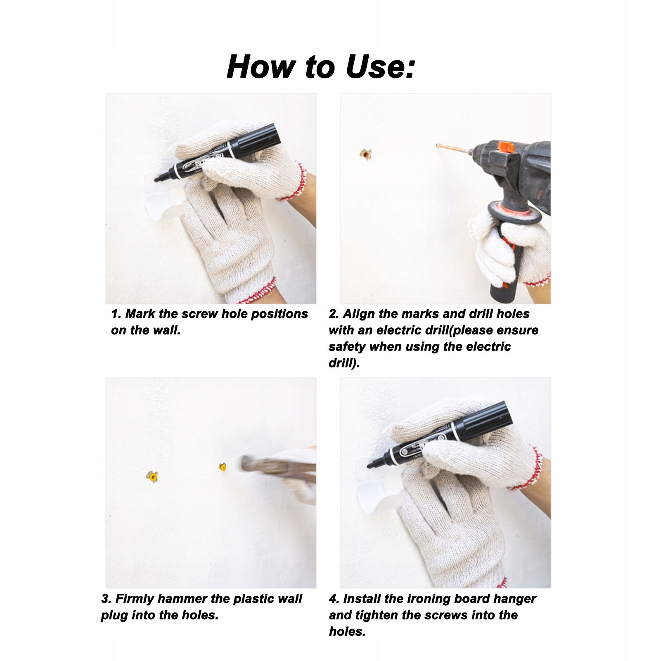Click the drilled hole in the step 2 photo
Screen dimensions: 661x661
(365, 154)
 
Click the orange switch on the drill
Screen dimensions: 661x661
(505, 147)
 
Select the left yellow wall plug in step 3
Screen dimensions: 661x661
(153, 477)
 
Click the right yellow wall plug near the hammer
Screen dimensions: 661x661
(223, 467)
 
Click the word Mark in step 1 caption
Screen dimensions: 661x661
(140, 314)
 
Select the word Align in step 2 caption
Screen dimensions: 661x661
(359, 314)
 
